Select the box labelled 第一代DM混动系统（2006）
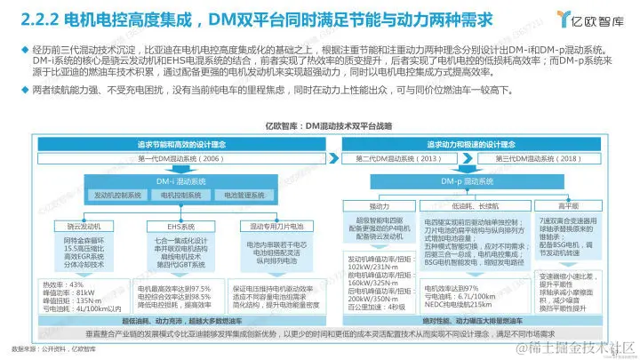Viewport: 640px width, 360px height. click(x=179, y=158)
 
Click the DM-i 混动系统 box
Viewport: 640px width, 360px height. click(x=179, y=180)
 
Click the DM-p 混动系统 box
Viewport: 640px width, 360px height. click(x=463, y=180)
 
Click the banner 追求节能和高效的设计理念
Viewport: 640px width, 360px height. click(x=179, y=142)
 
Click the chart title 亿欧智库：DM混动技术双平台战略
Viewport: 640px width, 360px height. click(x=320, y=125)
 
